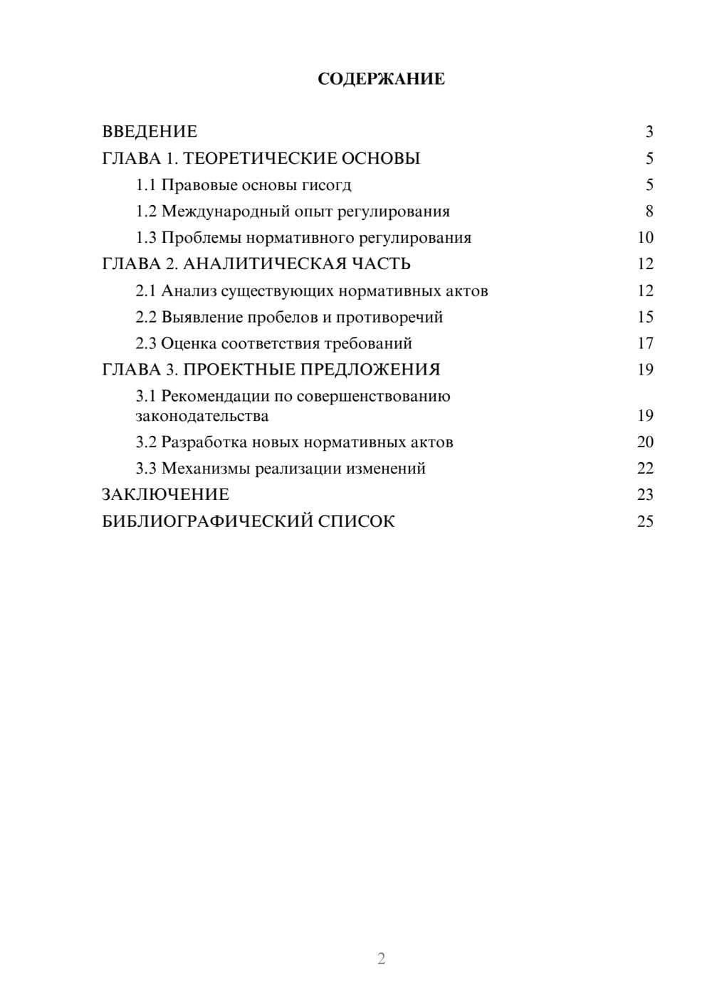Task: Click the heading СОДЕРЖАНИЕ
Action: pos(381,79)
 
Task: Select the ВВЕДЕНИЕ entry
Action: pos(150,132)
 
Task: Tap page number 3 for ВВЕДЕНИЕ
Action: pos(649,132)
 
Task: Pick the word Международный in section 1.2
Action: pos(220,212)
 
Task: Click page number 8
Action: pos(649,212)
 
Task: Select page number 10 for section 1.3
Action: pos(645,238)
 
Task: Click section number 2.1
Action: pos(146,291)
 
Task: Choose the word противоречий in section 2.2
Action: pos(389,317)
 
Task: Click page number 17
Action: pos(645,343)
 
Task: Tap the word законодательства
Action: pos(202,416)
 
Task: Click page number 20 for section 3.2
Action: pos(645,442)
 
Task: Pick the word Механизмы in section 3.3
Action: pos(205,469)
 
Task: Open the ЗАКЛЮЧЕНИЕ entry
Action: pos(165,494)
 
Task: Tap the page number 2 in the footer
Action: pos(381,959)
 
